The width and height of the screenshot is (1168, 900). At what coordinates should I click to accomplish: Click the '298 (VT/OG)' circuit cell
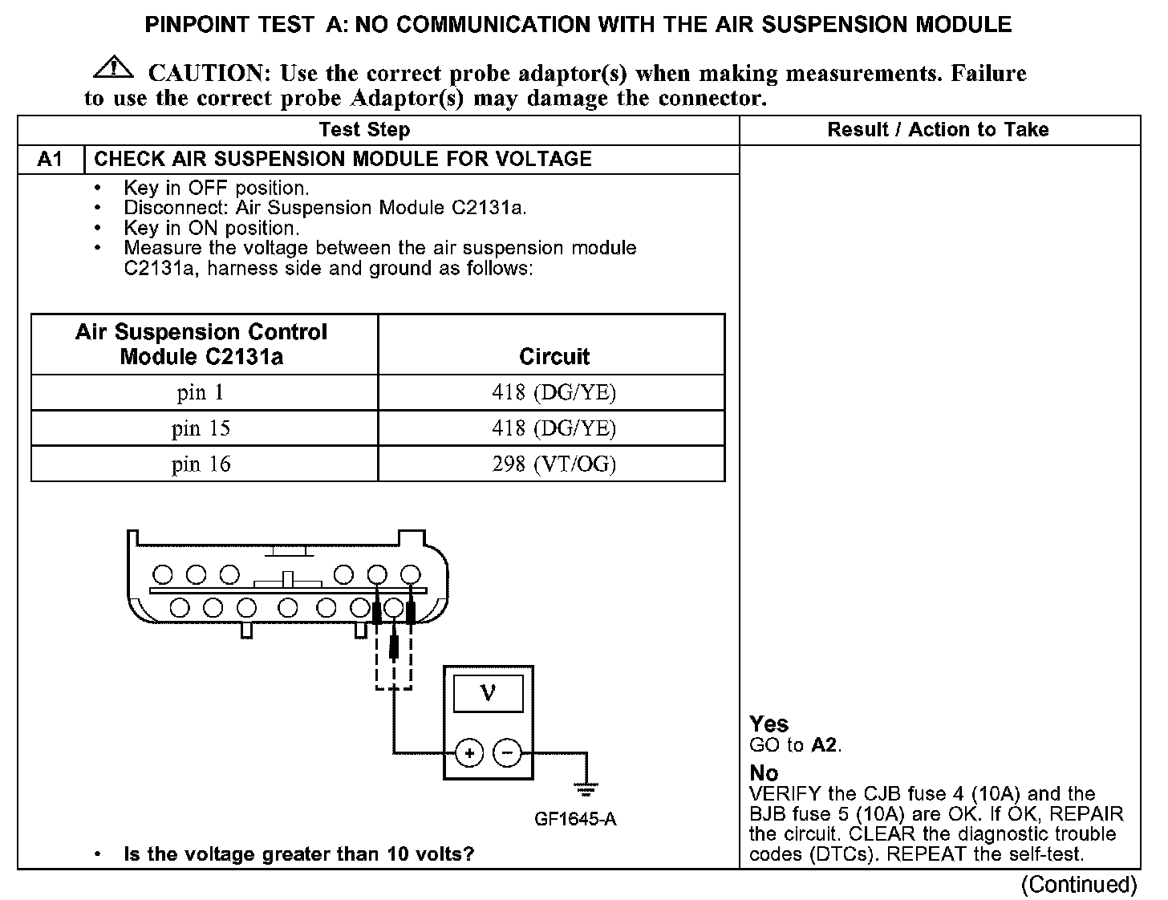tap(553, 464)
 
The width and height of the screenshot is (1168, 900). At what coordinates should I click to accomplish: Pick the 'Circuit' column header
tap(553, 356)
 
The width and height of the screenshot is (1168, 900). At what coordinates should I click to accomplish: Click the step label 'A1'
tap(50, 159)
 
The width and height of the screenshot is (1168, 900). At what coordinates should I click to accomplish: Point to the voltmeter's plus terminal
tap(468, 752)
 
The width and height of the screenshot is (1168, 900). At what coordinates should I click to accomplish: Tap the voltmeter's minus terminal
tap(506, 752)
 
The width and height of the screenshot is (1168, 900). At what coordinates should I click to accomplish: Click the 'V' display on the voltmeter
tap(488, 693)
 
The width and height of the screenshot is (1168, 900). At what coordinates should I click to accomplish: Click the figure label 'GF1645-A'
tap(574, 819)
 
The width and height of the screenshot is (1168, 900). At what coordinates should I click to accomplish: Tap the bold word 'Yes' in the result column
tap(769, 724)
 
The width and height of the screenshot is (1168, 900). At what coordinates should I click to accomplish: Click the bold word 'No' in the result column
tap(764, 772)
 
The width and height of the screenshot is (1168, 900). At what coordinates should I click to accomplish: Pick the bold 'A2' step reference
tap(824, 744)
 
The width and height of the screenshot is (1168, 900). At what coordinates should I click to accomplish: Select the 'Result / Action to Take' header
tap(938, 130)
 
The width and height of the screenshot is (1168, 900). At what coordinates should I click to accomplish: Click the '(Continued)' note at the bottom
tap(1079, 884)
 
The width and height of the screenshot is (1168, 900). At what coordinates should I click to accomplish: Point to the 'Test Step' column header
tap(364, 130)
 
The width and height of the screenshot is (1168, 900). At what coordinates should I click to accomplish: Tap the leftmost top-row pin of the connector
tap(163, 574)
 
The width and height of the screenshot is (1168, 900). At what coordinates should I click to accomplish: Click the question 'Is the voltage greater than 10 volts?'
tap(298, 853)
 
